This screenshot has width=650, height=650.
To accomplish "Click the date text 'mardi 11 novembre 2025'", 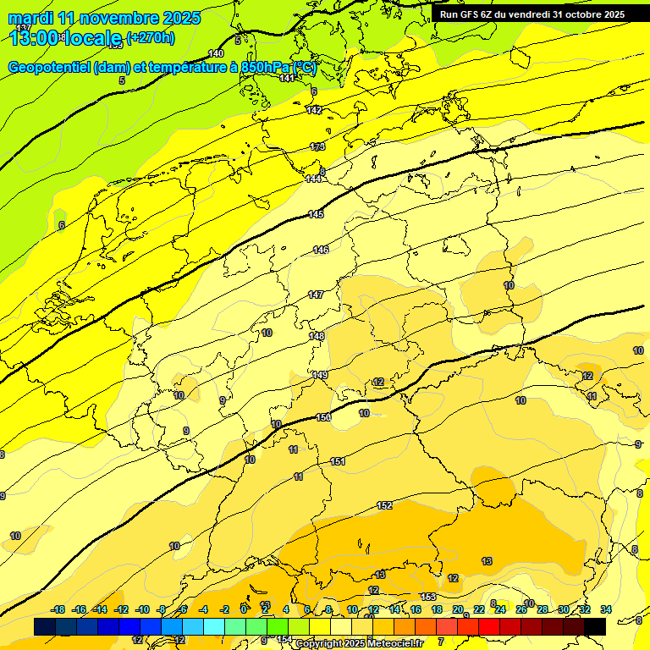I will (104, 18).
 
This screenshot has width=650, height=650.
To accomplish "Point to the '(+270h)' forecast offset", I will (150, 37).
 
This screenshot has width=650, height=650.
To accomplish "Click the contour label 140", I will (216, 53).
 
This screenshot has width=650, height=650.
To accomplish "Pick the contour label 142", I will (314, 110).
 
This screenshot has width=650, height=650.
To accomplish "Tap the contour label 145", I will (316, 214).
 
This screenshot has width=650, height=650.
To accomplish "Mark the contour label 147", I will (316, 295).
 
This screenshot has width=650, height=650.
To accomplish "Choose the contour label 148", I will (317, 336).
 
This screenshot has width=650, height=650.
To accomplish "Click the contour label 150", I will (323, 417).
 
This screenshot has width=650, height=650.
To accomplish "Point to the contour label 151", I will (338, 461).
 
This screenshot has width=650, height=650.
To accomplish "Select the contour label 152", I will (384, 505).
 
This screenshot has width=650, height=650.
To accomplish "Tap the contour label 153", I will (428, 597).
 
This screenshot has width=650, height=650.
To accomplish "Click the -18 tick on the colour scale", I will (58, 609).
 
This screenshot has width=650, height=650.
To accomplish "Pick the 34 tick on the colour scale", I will (606, 609).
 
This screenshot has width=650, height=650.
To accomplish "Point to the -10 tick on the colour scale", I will (142, 609).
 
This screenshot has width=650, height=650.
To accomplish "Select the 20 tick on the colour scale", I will (458, 609).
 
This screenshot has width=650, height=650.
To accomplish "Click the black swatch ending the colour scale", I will (595, 626).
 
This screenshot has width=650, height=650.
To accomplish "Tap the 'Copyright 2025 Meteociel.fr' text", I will (359, 643).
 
